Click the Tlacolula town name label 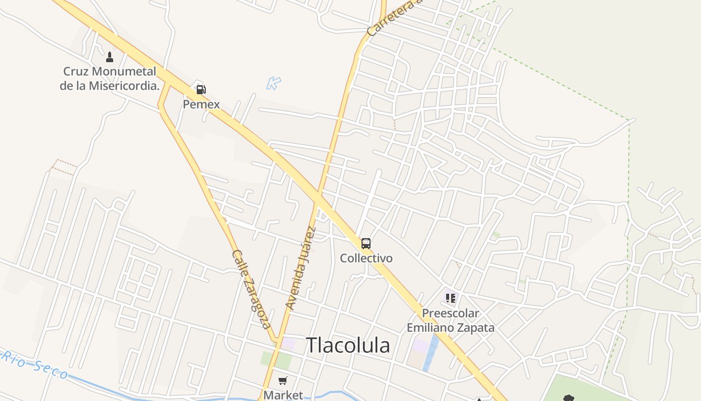pyautogui.click(x=347, y=345)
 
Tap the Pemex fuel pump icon pyautogui.click(x=201, y=90)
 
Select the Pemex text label pyautogui.click(x=201, y=104)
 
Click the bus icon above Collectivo pyautogui.click(x=366, y=244)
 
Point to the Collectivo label pyautogui.click(x=366, y=258)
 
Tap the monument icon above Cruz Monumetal pyautogui.click(x=110, y=57)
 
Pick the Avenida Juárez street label pyautogui.click(x=301, y=268)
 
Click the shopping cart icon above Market pyautogui.click(x=283, y=381)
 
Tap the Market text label pyautogui.click(x=283, y=395)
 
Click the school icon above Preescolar pyautogui.click(x=451, y=298)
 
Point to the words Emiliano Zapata pyautogui.click(x=450, y=328)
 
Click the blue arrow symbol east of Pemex pyautogui.click(x=273, y=83)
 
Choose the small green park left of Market pyautogui.click(x=276, y=360)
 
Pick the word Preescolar pyautogui.click(x=450, y=313)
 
